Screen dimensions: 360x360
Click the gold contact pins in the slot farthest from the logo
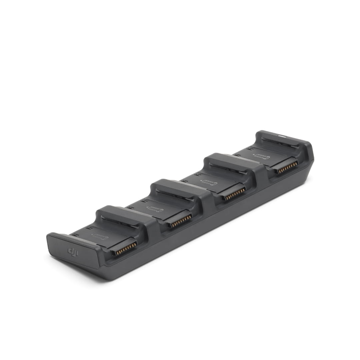click(287, 167)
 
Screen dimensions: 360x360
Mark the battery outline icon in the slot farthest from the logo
click(262, 157)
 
